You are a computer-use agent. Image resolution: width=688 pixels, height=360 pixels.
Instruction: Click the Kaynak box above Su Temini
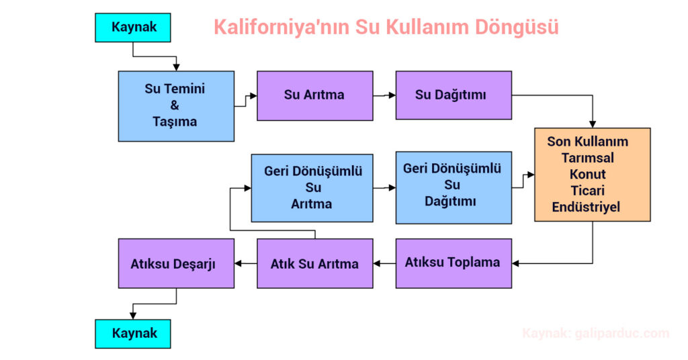pyautogui.click(x=133, y=28)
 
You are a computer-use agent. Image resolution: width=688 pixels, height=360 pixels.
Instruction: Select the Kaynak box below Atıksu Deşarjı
pyautogui.click(x=133, y=334)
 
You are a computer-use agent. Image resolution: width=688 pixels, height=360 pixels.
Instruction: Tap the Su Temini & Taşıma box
pyautogui.click(x=176, y=106)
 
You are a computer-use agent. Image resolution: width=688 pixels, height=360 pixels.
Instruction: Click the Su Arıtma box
pyautogui.click(x=315, y=95)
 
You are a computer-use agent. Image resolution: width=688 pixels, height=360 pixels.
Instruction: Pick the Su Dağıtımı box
pyautogui.click(x=454, y=95)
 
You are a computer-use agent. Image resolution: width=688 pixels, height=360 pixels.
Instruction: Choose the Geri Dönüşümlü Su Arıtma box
pyautogui.click(x=312, y=187)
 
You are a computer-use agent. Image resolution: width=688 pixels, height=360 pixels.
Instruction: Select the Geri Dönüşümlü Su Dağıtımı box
pyautogui.click(x=454, y=187)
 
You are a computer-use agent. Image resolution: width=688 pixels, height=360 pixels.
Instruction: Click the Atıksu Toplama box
pyautogui.click(x=454, y=263)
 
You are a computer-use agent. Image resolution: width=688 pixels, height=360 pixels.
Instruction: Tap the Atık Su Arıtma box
pyautogui.click(x=315, y=263)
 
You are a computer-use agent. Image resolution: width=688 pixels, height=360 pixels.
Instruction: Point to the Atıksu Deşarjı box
pyautogui.click(x=176, y=263)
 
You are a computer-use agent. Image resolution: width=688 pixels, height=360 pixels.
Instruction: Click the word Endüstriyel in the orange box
pyautogui.click(x=586, y=207)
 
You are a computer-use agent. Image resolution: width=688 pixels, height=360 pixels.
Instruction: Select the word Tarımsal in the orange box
pyautogui.click(x=587, y=158)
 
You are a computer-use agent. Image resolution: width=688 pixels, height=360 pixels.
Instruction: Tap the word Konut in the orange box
pyautogui.click(x=587, y=174)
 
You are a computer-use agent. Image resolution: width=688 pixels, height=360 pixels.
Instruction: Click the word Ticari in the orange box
pyautogui.click(x=587, y=191)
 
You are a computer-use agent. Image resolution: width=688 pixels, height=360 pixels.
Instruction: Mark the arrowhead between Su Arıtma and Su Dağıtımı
pyautogui.click(x=392, y=95)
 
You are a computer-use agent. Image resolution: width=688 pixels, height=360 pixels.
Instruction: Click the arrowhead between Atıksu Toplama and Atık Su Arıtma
pyautogui.click(x=377, y=263)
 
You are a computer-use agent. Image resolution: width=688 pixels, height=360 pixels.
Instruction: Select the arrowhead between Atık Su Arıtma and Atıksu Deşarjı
pyautogui.click(x=239, y=263)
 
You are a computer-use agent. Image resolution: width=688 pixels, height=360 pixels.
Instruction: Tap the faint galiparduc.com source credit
pyautogui.click(x=596, y=334)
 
